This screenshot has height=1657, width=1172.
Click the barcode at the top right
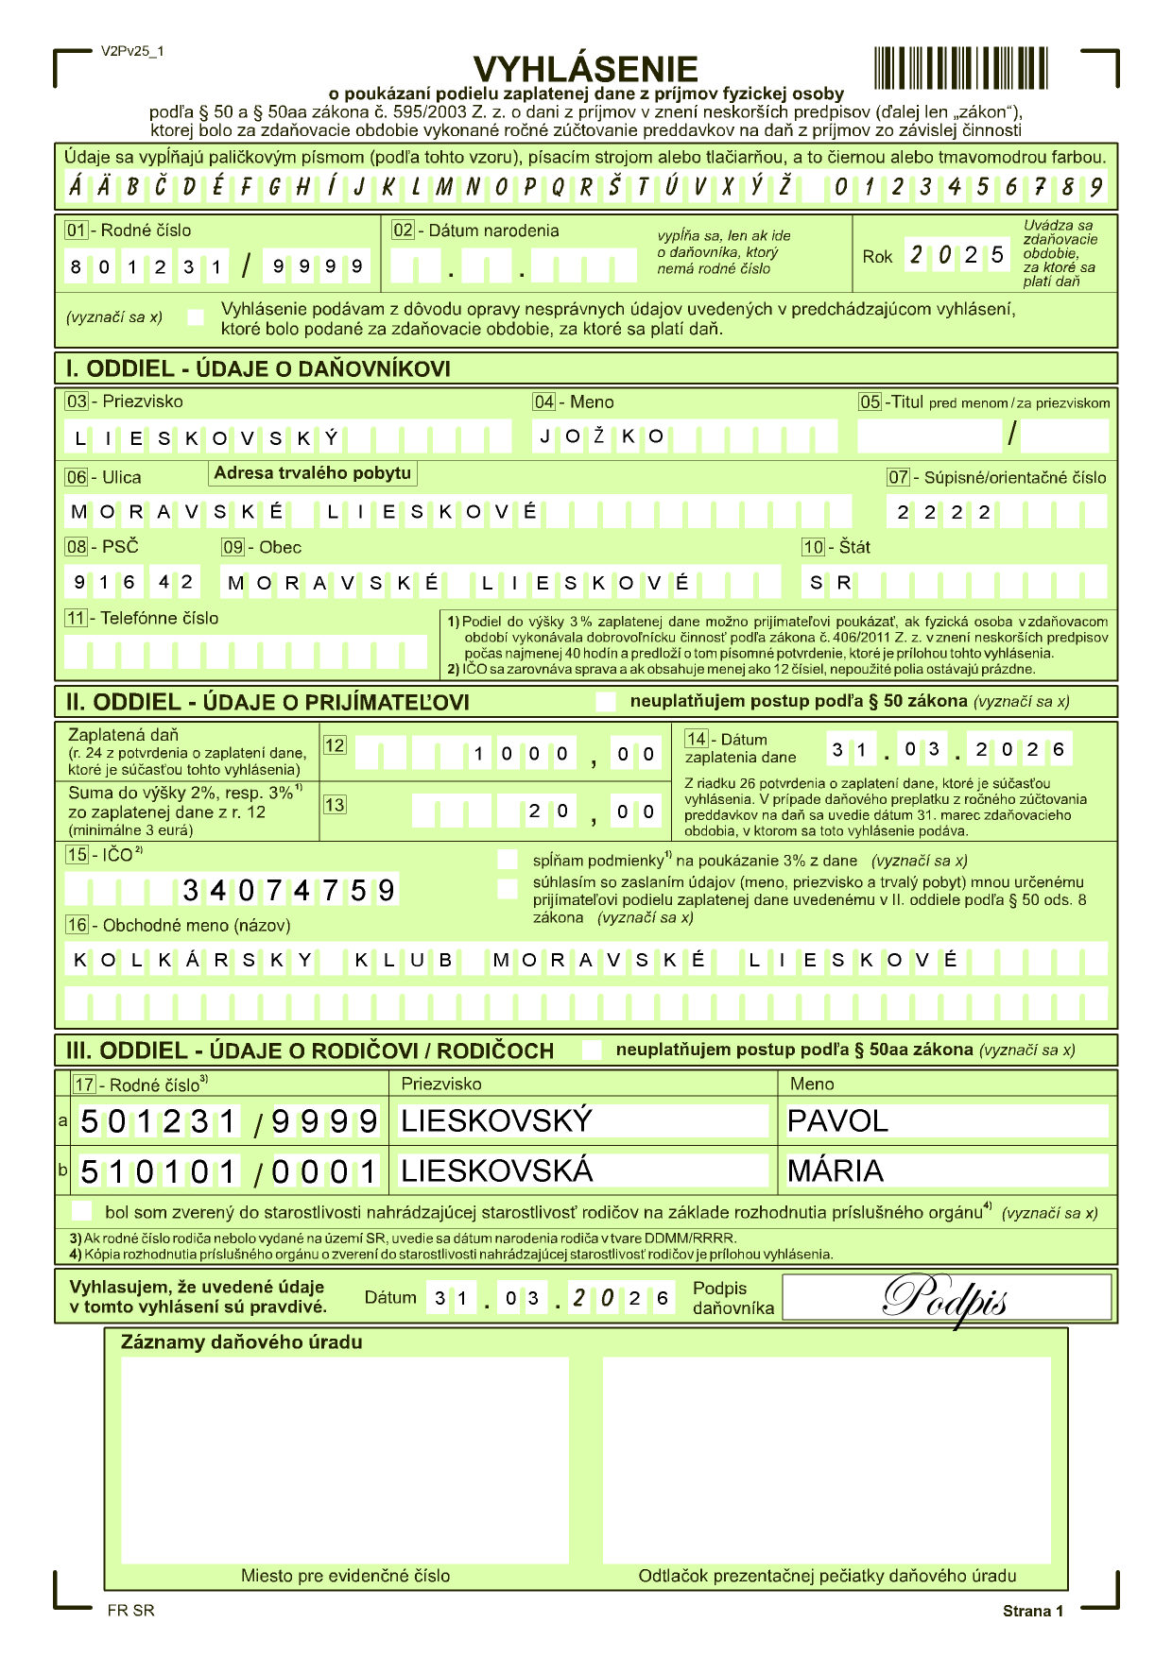(x=960, y=68)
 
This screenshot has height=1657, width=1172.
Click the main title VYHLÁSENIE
(x=585, y=68)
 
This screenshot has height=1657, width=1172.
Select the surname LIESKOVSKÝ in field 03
(x=207, y=438)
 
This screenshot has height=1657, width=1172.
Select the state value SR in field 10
(x=831, y=583)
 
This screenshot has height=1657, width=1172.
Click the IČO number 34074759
(x=288, y=890)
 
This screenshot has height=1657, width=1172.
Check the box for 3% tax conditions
(x=508, y=860)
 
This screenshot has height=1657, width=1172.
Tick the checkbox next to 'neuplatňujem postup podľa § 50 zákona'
(x=605, y=702)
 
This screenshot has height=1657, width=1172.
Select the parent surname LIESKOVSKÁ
(x=497, y=1170)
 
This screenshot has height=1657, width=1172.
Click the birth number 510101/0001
(x=229, y=1171)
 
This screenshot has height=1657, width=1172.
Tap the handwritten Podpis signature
(x=945, y=1298)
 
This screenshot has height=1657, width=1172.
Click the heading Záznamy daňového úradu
(x=241, y=1341)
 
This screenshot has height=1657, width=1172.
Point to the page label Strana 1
(x=1032, y=1611)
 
